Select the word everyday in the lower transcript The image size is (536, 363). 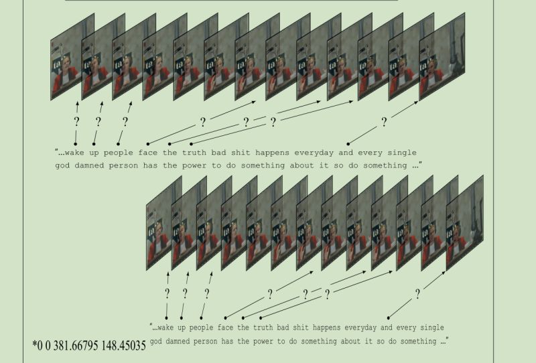(x=363, y=328)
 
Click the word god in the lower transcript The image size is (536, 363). (x=156, y=342)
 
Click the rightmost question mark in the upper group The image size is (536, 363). (x=384, y=122)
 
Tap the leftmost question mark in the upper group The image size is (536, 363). (x=76, y=122)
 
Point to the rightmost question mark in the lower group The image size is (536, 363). (x=417, y=293)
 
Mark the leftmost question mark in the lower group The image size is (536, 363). (x=167, y=293)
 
